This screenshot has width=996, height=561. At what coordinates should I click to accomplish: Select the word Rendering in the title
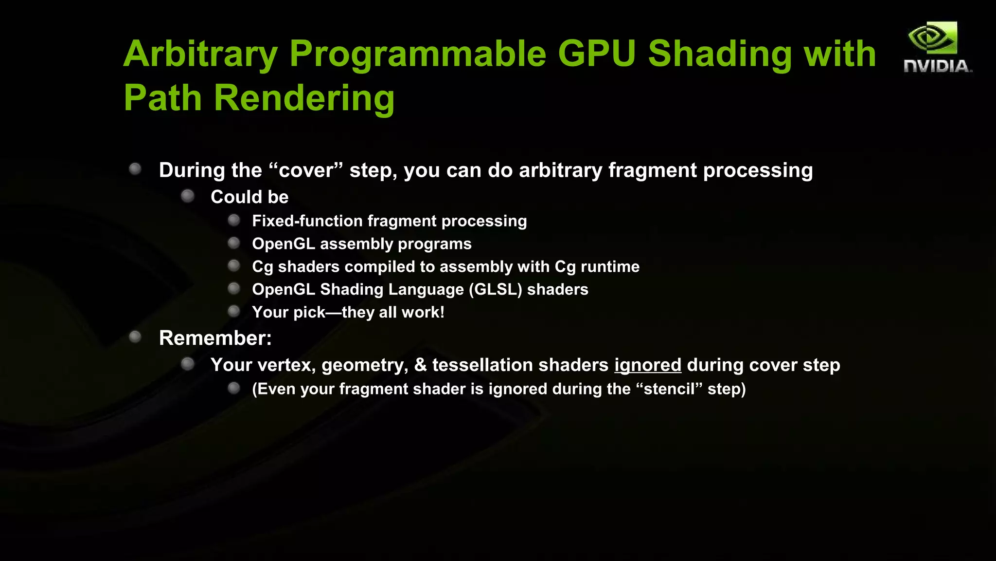click(304, 98)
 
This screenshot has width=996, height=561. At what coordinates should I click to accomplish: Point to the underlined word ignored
click(647, 365)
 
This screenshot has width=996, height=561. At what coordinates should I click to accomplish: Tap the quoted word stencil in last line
click(670, 389)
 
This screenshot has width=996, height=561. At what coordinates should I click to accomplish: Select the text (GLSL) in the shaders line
click(495, 290)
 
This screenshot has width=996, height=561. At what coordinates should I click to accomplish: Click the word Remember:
click(215, 338)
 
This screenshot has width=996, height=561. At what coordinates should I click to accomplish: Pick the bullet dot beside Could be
click(188, 196)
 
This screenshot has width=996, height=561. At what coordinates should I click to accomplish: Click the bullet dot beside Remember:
click(135, 337)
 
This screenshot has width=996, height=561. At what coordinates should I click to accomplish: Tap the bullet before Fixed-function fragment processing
click(234, 221)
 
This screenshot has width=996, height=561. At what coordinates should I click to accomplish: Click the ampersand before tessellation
click(420, 365)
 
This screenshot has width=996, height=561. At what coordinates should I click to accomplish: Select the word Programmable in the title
click(418, 54)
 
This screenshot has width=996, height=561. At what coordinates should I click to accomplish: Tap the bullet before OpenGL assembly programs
click(234, 243)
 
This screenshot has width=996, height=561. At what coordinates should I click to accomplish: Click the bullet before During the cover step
click(135, 169)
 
